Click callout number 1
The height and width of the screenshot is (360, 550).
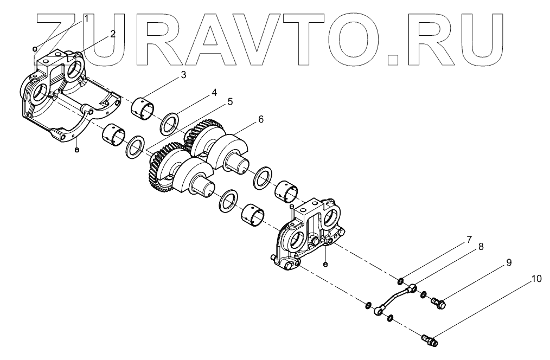[x=85, y=18]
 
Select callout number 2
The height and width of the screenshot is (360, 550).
[x=112, y=34]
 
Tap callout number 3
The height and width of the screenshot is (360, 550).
[x=183, y=75]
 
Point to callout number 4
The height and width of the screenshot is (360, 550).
[x=214, y=93]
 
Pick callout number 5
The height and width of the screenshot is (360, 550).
[x=230, y=101]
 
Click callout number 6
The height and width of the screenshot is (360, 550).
[x=261, y=119]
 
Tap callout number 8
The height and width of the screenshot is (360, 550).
[x=481, y=246]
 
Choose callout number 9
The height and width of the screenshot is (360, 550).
[x=509, y=262]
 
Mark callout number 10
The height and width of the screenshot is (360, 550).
[x=536, y=279]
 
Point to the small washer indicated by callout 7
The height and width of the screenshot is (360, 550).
[x=400, y=280]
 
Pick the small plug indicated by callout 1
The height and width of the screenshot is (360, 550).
[x=34, y=49]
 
